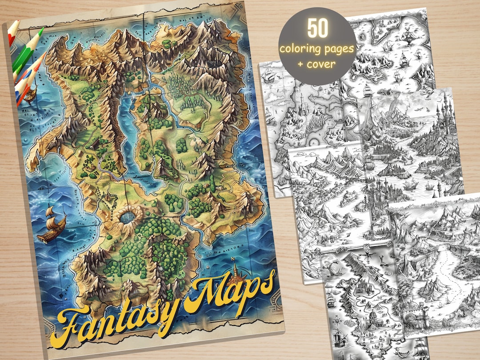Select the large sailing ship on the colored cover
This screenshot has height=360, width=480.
51,224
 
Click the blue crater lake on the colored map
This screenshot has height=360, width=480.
129,217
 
